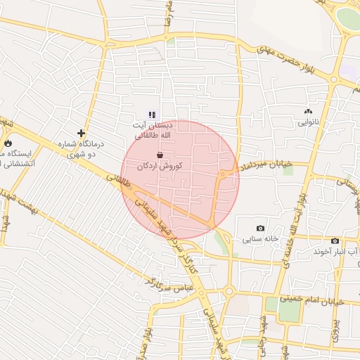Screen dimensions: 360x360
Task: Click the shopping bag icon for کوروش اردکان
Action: (x=161, y=155)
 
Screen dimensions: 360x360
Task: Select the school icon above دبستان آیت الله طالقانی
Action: (x=152, y=114)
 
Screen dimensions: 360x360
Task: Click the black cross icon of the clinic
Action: (x=82, y=132)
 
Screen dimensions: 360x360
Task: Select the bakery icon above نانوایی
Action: (x=307, y=111)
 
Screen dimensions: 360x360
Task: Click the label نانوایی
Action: (x=308, y=122)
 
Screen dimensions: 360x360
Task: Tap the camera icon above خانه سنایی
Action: (x=261, y=228)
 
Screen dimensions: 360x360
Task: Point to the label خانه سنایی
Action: (x=259, y=239)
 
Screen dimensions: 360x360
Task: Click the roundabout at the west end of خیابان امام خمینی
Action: (x=229, y=292)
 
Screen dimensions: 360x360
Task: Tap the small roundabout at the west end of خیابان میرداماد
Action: (x=224, y=173)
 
